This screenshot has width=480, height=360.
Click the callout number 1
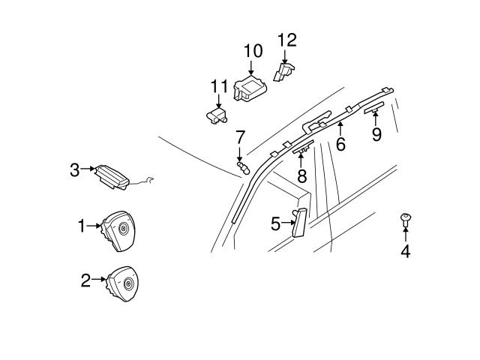(x=82, y=224)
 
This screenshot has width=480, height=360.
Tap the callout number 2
(x=85, y=280)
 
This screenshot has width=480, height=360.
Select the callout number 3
(x=74, y=170)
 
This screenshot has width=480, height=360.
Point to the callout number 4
(x=405, y=251)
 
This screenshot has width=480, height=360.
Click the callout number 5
(x=275, y=223)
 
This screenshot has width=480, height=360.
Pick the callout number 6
(x=340, y=144)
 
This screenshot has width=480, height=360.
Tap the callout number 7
(x=240, y=137)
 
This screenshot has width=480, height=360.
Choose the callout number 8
(x=301, y=176)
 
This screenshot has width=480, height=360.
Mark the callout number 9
(x=376, y=134)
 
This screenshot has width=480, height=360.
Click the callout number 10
(x=253, y=51)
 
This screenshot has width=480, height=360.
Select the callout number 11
(x=218, y=86)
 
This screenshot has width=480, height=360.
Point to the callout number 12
(x=287, y=39)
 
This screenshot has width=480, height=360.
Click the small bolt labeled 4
(x=405, y=220)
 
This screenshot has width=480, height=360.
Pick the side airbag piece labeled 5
(x=298, y=222)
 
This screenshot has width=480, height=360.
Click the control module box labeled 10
(x=250, y=88)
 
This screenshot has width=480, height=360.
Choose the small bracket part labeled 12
(x=284, y=71)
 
